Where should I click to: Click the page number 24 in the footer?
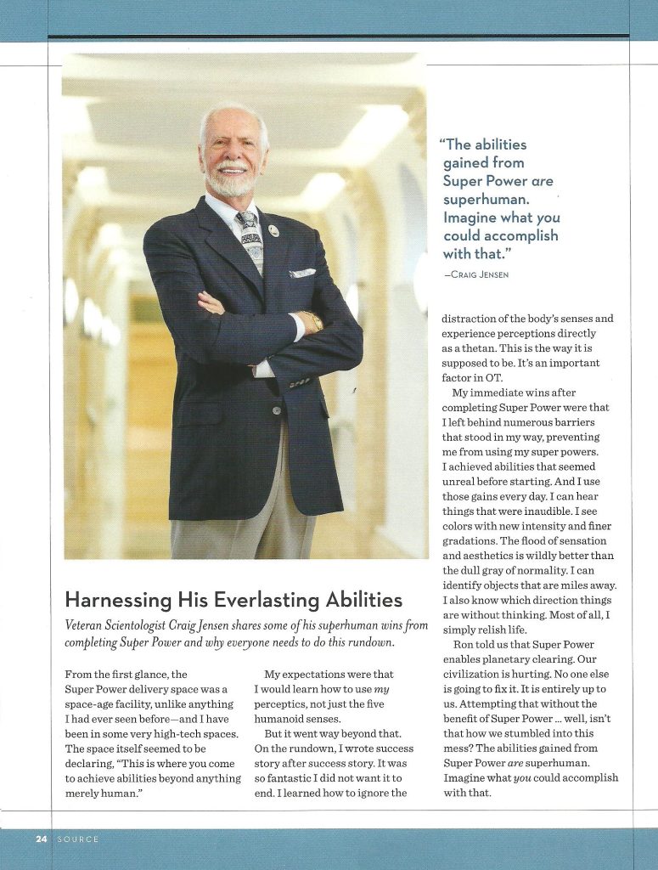(x=41, y=839)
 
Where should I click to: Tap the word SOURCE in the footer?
(x=78, y=839)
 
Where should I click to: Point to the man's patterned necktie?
(x=251, y=241)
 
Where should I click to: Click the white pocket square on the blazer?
(x=301, y=274)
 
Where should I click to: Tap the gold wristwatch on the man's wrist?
(x=312, y=321)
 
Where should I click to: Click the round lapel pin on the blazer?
(x=273, y=230)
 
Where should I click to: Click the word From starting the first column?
(x=79, y=675)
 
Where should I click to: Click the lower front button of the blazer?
(x=275, y=410)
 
